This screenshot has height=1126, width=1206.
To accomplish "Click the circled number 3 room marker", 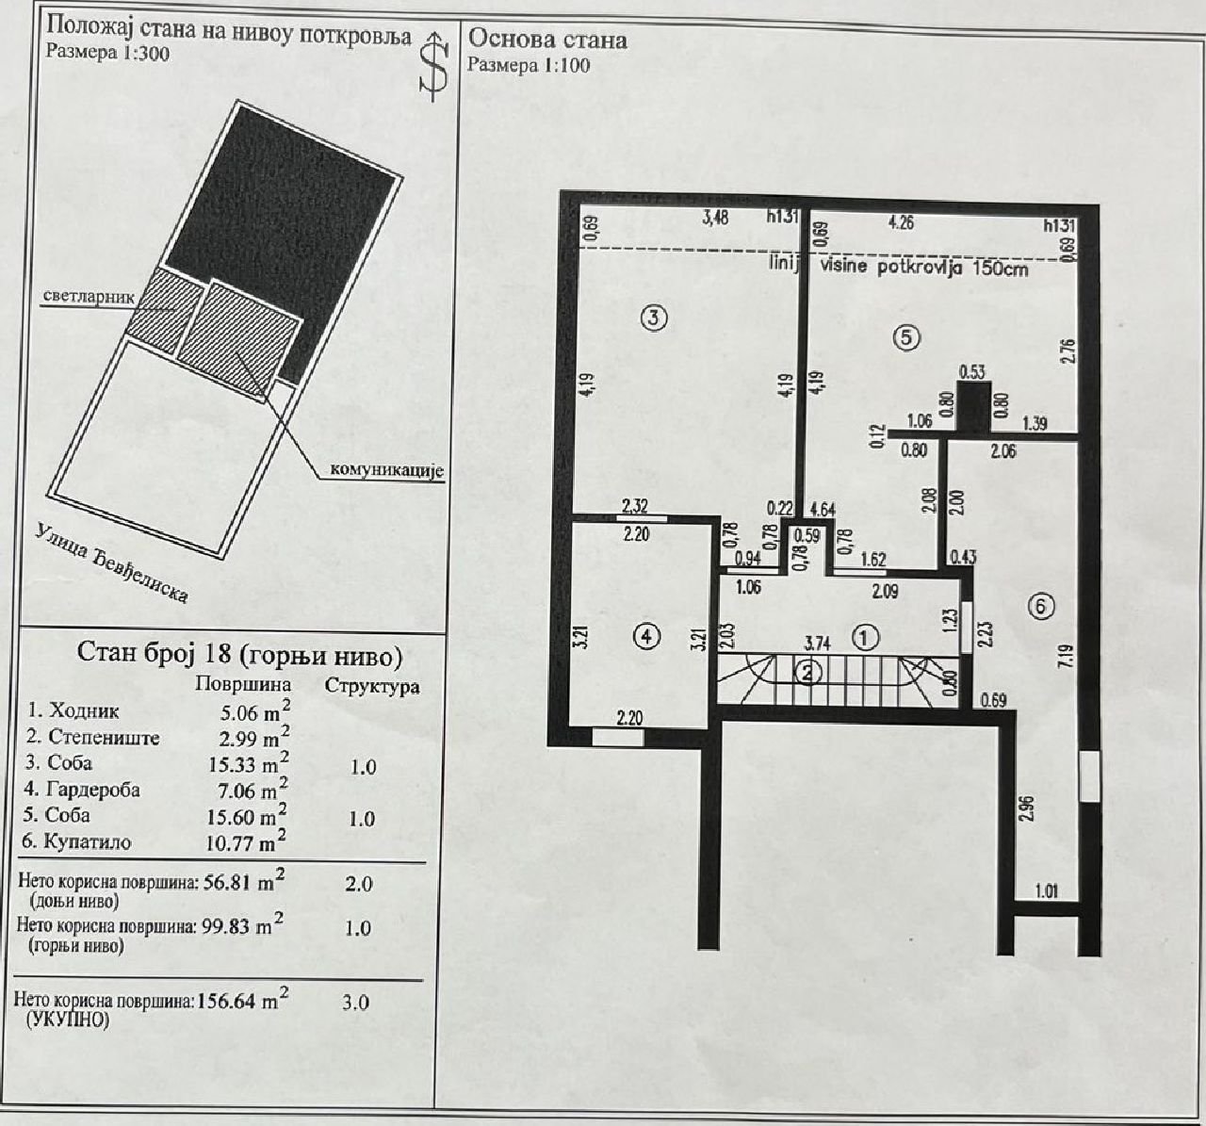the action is point(653,318).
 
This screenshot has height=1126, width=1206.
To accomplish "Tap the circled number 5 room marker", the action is point(906,337).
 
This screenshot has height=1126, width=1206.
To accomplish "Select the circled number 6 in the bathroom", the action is point(1041,606).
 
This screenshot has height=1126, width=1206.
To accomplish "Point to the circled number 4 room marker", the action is point(645,636).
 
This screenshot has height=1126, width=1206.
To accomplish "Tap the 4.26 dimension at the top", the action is point(901,221).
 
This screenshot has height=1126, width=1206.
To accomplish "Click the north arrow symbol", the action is point(433,66).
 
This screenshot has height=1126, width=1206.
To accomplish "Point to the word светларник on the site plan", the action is point(90,297).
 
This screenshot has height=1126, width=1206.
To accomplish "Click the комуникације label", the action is point(387,470).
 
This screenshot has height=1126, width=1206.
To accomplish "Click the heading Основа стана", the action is point(547,40).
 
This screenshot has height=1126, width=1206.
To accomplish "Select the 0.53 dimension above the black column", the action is point(972,371).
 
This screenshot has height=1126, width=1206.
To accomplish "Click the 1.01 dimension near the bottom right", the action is point(1046,891).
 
